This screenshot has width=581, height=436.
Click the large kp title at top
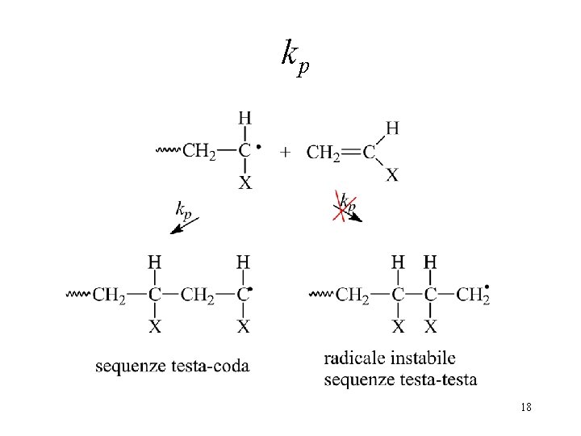(x=295, y=57)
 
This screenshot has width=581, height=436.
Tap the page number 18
(x=526, y=407)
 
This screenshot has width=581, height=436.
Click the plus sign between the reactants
(x=285, y=152)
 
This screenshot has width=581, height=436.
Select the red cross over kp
(x=345, y=206)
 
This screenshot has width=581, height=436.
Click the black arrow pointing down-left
(x=185, y=225)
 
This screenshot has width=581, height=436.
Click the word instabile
(x=423, y=358)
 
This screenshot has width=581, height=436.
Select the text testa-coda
(x=211, y=367)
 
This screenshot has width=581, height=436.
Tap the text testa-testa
(x=438, y=379)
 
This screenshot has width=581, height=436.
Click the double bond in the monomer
(x=350, y=152)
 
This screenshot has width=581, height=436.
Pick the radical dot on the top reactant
(x=259, y=147)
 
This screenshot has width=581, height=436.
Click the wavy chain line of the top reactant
(x=168, y=150)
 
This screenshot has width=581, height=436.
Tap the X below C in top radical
(x=245, y=182)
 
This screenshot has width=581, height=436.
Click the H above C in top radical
(x=245, y=118)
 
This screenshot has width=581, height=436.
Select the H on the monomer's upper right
(x=392, y=128)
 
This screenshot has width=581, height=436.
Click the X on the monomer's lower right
(x=392, y=174)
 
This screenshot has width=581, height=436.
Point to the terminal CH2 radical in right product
(x=473, y=295)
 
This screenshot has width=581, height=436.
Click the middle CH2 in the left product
(x=198, y=296)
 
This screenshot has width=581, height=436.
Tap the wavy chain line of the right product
(x=321, y=295)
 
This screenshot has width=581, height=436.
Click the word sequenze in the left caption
(x=131, y=367)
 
